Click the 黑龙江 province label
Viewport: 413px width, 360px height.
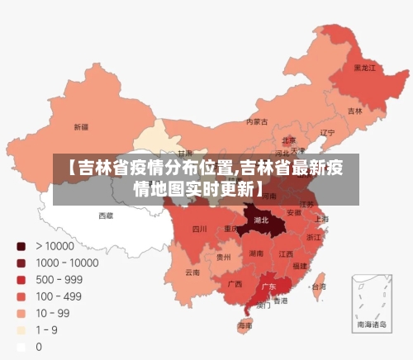(x=364, y=67)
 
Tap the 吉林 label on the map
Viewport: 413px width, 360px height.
(x=354, y=111)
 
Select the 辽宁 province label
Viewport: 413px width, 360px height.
(x=327, y=132)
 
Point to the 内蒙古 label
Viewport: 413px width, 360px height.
(x=257, y=121)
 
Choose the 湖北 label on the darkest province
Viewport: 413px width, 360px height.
(x=262, y=220)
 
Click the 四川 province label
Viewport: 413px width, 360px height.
(x=200, y=229)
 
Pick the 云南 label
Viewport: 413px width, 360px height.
(x=192, y=272)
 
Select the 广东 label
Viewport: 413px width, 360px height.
(x=268, y=287)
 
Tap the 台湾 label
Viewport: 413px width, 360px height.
(x=317, y=287)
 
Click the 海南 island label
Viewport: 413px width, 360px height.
(x=245, y=325)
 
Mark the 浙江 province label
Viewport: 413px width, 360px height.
(x=314, y=237)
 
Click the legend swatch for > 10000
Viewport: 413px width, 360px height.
(x=21, y=246)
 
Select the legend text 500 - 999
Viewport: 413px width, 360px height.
(x=59, y=279)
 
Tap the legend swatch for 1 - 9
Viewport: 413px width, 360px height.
(x=21, y=330)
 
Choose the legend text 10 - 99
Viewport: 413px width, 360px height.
(x=52, y=313)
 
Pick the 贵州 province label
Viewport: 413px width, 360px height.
(x=224, y=257)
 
